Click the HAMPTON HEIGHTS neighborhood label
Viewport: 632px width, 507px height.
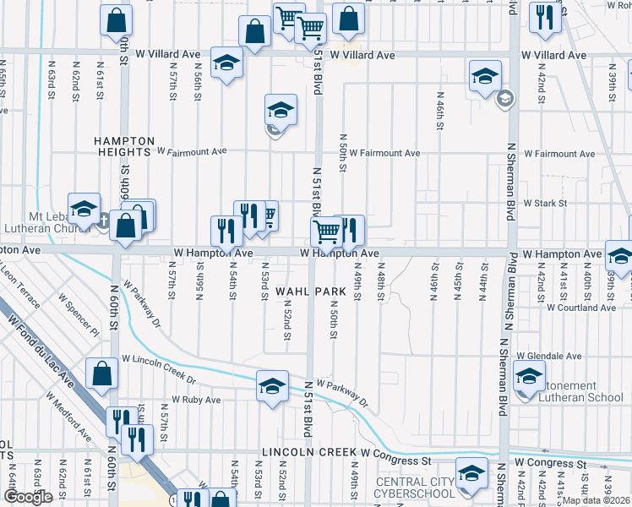click(124, 146)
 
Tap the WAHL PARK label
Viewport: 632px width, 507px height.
click(310, 291)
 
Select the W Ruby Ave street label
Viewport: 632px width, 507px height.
click(196, 400)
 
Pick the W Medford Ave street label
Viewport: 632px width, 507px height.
click(69, 416)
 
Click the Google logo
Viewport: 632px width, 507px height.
click(28, 497)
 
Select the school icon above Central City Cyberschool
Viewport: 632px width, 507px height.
click(471, 472)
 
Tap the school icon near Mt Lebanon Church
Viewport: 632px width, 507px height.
click(84, 209)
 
